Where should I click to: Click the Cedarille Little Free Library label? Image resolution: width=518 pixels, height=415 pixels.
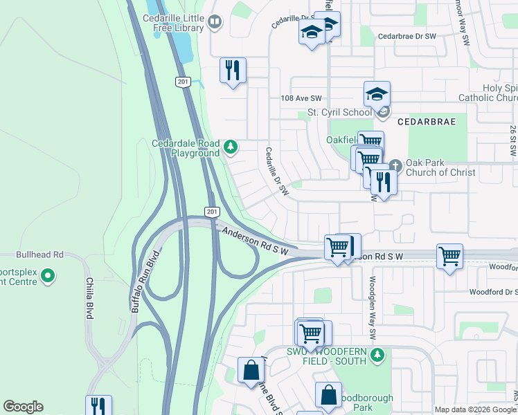[179, 24]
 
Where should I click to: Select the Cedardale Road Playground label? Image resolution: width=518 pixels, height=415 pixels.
[185, 148]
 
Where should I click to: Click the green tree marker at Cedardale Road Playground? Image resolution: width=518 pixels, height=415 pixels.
[231, 147]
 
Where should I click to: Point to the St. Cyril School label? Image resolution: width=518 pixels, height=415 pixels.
[339, 112]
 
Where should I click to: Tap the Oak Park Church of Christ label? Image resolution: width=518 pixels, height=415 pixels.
[440, 167]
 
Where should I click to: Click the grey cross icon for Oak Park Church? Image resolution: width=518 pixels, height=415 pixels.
[395, 165]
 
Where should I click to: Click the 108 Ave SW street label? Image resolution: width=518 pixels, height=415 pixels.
[301, 100]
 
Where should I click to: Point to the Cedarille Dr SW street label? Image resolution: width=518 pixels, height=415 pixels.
[276, 171]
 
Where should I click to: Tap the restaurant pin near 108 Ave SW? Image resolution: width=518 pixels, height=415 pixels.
[233, 70]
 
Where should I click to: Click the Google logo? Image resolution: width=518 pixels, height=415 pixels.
[23, 407]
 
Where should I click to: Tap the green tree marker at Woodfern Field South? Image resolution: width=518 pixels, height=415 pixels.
[377, 356]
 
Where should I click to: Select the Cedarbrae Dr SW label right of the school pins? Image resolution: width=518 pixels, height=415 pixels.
[407, 36]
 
